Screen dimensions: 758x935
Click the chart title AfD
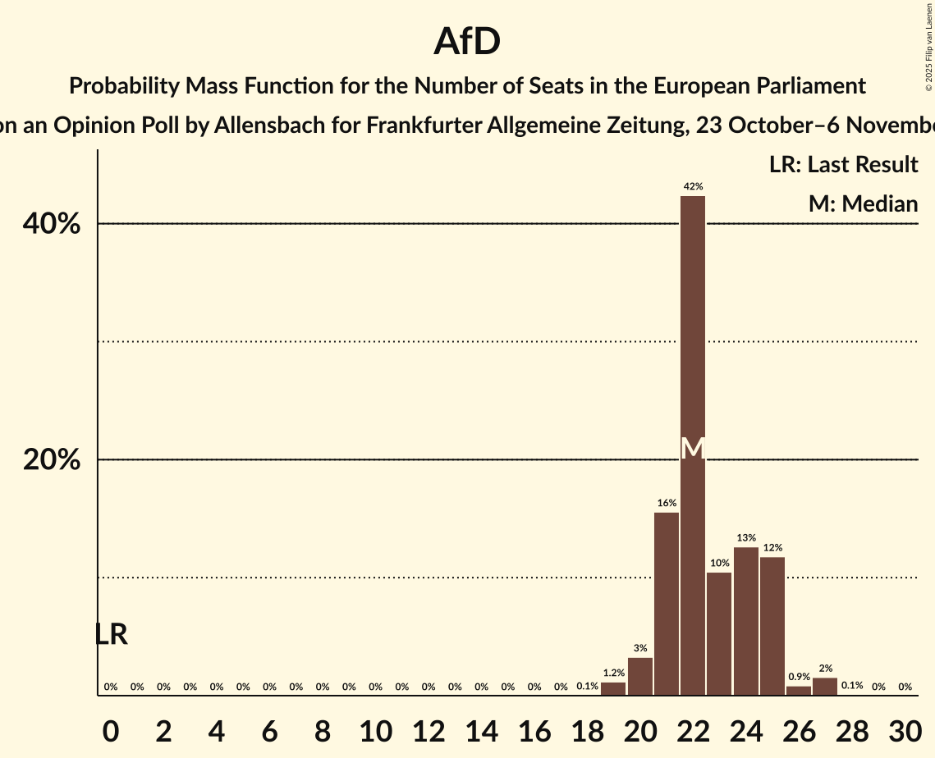(467, 41)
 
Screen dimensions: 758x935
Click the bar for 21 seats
(667, 603)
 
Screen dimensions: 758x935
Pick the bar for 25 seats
(772, 626)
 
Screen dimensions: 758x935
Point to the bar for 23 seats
(719, 633)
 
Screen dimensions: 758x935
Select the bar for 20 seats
(640, 676)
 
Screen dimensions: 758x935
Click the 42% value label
(693, 187)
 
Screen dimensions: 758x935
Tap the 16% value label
(667, 503)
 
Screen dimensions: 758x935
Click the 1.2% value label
(613, 673)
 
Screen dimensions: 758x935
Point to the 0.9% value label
(799, 677)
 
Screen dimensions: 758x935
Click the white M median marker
(693, 448)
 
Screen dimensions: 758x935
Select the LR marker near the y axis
(111, 634)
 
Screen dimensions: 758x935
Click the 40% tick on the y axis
(52, 224)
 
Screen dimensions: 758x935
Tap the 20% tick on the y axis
(52, 460)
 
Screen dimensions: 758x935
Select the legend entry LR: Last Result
(843, 165)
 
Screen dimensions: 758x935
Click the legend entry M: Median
(863, 203)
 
